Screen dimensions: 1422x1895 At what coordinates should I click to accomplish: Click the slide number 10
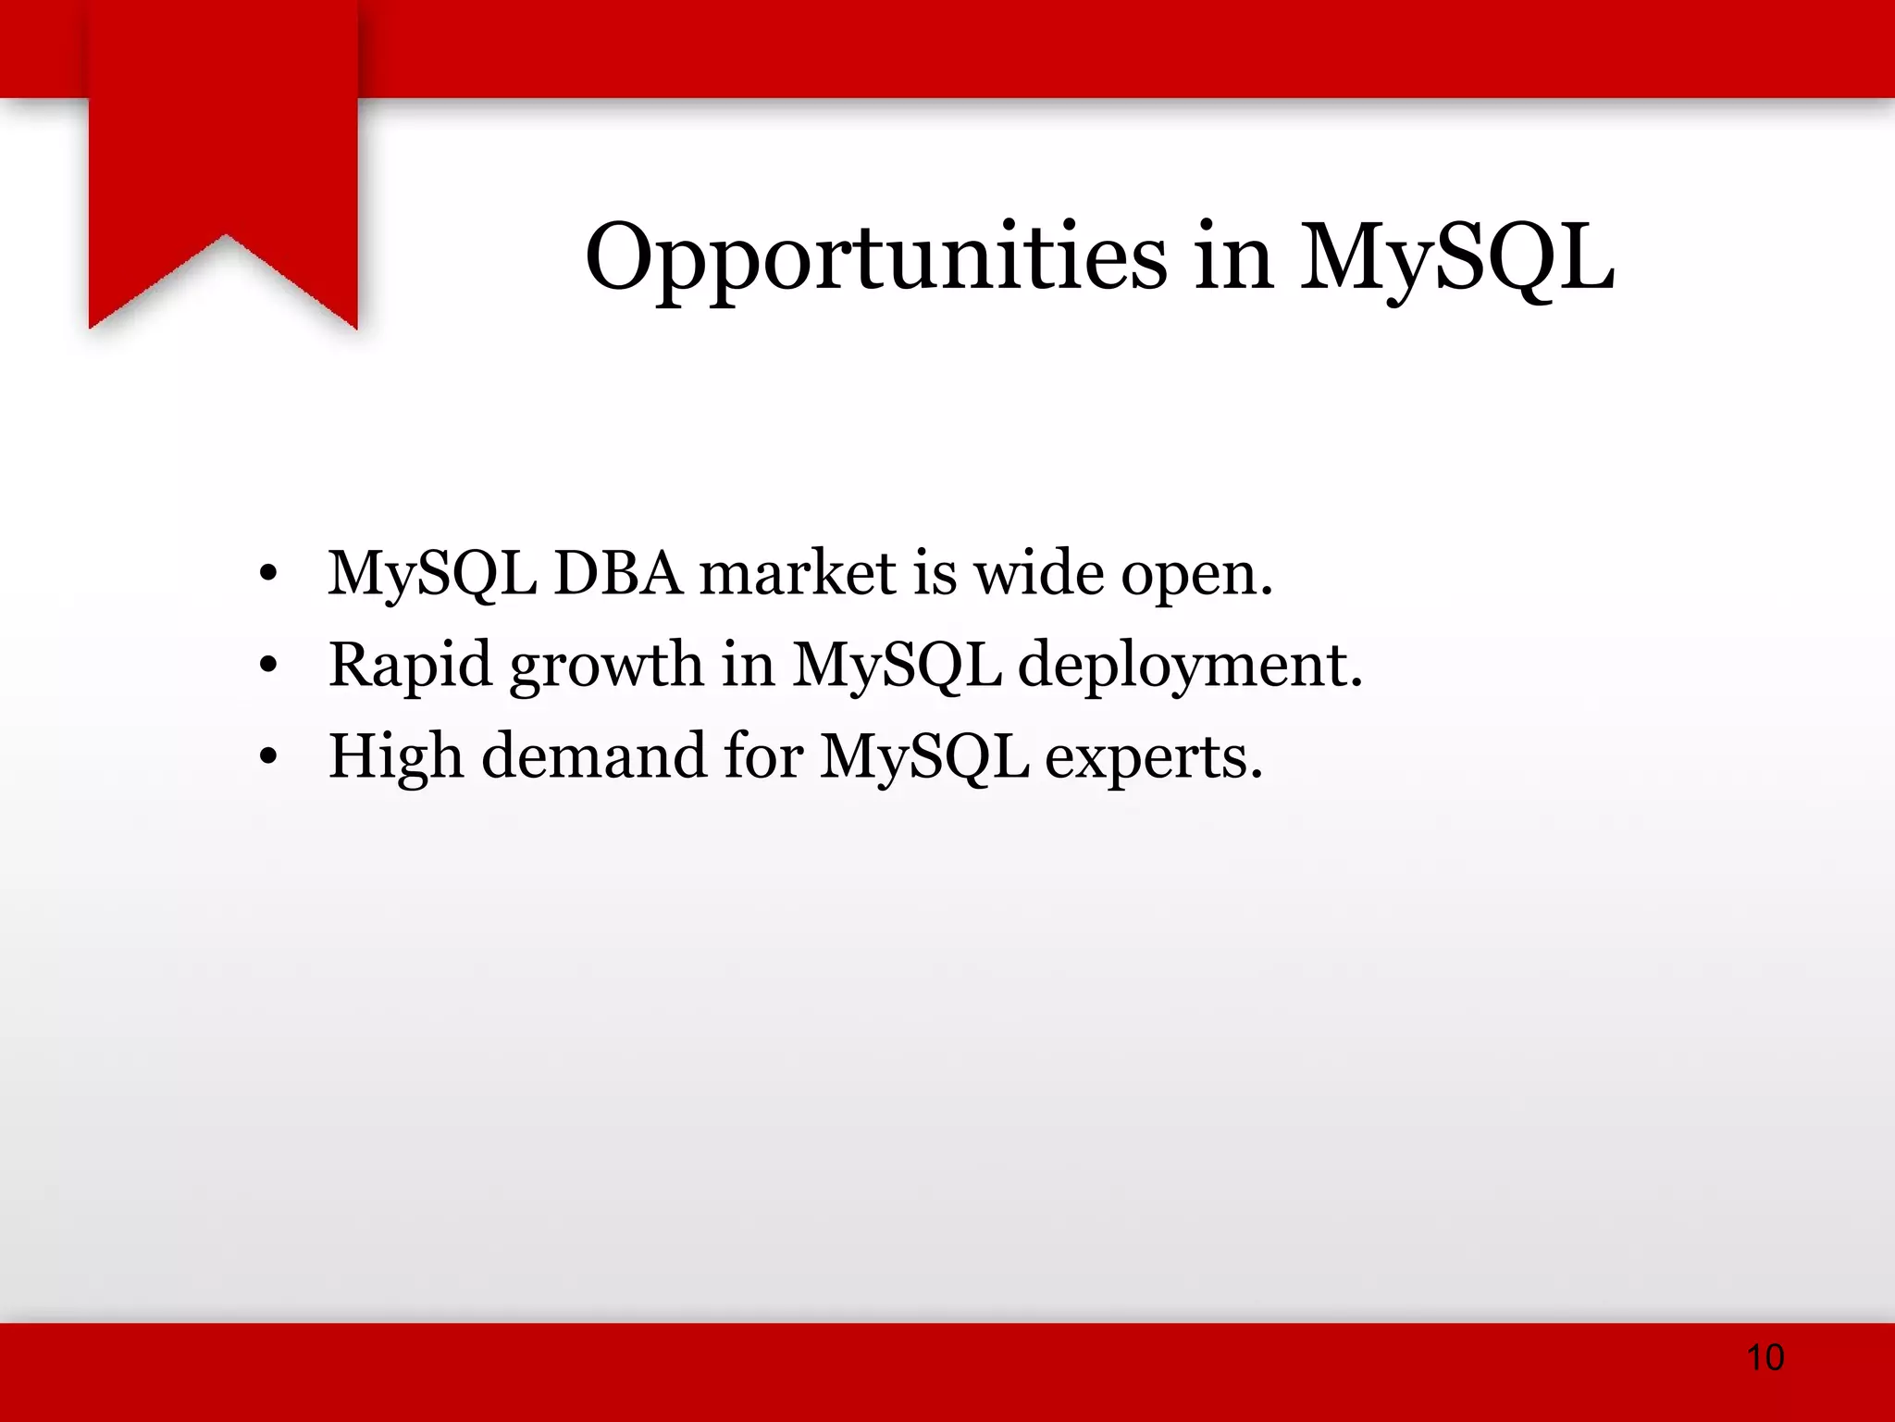[1765, 1357]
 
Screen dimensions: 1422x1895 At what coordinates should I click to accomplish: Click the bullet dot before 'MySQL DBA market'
[268, 575]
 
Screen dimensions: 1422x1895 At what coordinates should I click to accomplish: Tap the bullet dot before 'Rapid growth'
[268, 665]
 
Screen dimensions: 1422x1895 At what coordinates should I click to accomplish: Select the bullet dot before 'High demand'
[268, 756]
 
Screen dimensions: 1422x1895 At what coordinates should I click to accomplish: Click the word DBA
[618, 573]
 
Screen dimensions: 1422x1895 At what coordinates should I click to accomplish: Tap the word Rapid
[411, 665]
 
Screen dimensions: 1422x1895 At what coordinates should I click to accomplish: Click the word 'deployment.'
[1190, 667]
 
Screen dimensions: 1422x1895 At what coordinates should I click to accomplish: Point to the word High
[396, 756]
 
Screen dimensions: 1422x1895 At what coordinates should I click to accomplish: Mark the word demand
[594, 756]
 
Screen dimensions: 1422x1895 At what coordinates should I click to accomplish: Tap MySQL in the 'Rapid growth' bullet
[897, 665]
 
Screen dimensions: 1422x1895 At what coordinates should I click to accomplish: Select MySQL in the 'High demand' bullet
[924, 756]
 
